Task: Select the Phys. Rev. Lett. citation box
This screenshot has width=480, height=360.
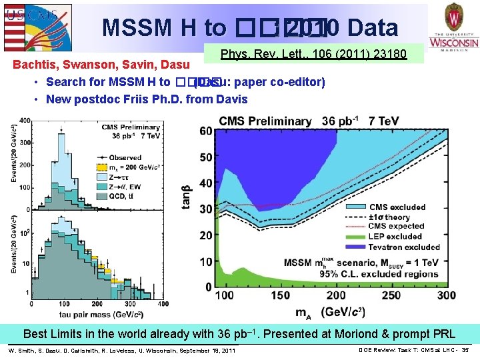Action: coord(313,54)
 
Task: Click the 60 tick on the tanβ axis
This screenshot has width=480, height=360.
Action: coord(206,131)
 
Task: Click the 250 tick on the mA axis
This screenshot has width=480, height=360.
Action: coord(391,295)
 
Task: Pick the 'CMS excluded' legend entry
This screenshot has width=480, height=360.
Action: coord(397,207)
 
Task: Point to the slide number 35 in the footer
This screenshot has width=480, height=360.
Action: coord(465,350)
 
